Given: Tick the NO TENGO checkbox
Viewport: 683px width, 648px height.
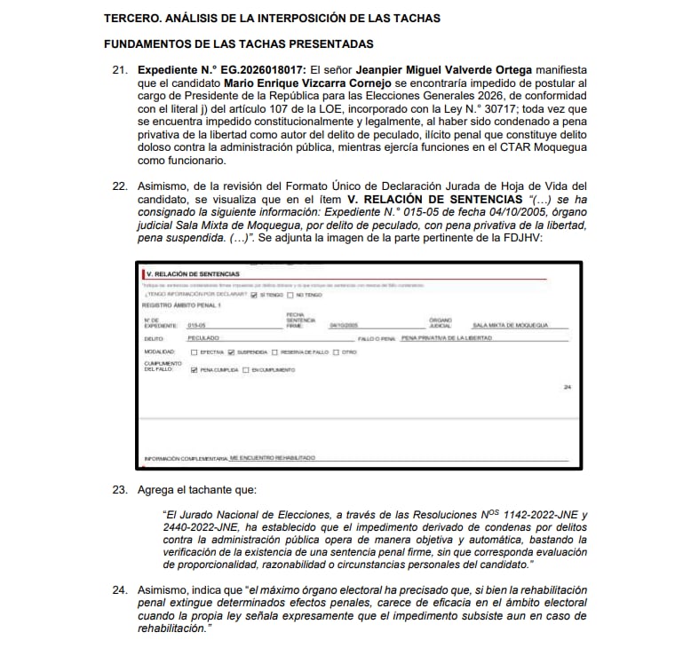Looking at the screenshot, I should (290, 295).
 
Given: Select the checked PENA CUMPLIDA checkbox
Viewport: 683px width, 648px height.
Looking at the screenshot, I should (195, 369).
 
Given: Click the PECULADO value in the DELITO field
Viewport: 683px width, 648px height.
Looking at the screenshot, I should (204, 338).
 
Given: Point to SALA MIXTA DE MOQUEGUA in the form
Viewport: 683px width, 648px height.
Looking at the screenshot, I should (511, 325).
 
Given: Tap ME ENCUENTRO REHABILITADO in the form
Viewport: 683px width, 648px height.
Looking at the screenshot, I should (272, 457).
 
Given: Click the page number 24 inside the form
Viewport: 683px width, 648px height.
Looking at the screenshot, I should (567, 386).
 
